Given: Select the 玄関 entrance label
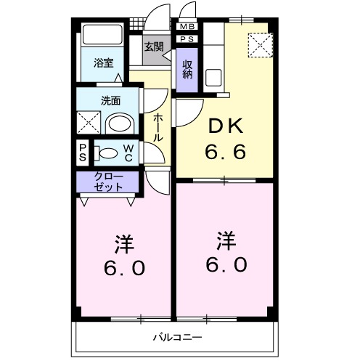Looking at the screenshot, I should click(153, 47).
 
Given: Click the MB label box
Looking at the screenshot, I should click(187, 27).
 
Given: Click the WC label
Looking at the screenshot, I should click(127, 153).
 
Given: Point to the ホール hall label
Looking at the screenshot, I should click(158, 129).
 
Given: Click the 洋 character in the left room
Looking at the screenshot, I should click(123, 242).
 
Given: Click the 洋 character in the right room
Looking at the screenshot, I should click(226, 239).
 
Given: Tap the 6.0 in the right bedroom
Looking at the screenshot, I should click(226, 264).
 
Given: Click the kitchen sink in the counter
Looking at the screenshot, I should click(214, 76).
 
